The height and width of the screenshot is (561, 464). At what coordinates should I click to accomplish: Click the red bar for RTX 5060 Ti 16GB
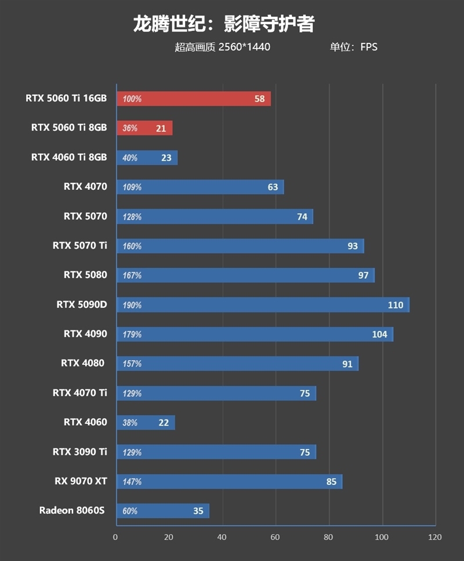pos(194,99)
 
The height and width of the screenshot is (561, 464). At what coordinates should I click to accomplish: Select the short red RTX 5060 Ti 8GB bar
pos(144,128)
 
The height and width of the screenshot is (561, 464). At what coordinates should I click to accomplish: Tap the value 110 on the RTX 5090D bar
pos(396,305)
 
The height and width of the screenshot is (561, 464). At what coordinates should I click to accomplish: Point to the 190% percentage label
pos(132,305)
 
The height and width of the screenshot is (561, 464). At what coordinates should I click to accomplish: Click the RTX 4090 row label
pos(85,333)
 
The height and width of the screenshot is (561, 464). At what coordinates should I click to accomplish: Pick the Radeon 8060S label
pos(72,510)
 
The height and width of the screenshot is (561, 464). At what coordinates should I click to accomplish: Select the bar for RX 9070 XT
pos(229,481)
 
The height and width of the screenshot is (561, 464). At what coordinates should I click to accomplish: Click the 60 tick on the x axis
pos(275,537)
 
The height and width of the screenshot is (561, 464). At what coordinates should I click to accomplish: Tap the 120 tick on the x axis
pos(435,537)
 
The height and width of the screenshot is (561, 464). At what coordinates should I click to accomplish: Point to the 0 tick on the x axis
pos(115,537)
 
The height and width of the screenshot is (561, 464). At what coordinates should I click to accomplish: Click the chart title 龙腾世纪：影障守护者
pos(224,24)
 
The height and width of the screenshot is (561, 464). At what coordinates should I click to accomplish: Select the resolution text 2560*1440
pos(244,47)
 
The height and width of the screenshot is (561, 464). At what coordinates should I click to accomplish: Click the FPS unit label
pos(369,47)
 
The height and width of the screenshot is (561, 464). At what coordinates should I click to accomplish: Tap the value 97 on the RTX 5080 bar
pos(363,275)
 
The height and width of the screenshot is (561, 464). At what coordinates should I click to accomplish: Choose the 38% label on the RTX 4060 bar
pos(130,423)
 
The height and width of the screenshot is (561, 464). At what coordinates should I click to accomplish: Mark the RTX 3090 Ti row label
pos(80,451)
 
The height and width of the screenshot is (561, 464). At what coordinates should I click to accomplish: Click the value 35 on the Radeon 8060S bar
pos(198,511)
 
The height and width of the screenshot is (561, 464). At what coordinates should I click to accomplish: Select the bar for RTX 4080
pos(237,364)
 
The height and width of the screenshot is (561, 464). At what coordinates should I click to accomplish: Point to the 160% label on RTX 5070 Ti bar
pos(132,246)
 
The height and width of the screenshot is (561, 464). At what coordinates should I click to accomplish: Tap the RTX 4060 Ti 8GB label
pos(69,157)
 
